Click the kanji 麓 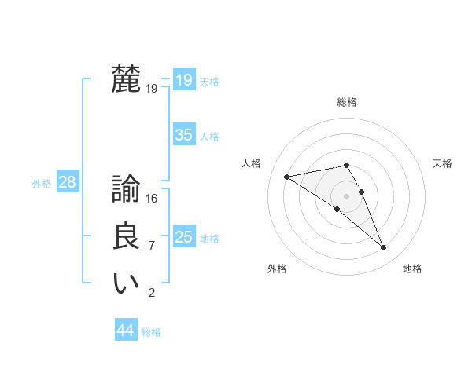point(126,79)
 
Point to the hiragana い point(126,283)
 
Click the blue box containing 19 point(184,79)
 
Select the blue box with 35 point(184,134)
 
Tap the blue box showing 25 point(184,236)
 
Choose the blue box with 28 point(68,182)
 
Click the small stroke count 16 point(152,199)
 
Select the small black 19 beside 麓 point(152,89)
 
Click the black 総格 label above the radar point(347,102)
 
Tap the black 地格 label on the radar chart point(412,269)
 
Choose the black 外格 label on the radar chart point(277,269)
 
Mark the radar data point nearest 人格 point(286,177)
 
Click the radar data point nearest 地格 point(384,248)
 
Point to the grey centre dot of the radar point(347,195)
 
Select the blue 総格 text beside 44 point(151,332)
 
